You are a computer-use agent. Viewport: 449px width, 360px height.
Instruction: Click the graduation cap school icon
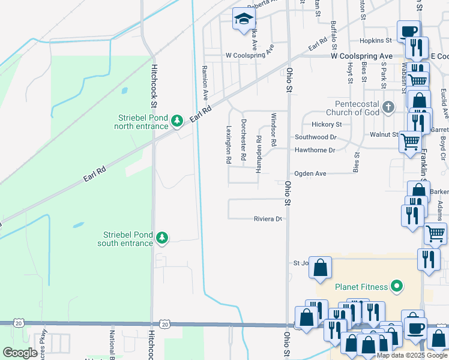tap(244, 20)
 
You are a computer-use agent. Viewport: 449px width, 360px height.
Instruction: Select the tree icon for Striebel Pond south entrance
tap(161, 238)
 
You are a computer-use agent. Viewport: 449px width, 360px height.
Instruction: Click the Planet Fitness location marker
tap(396, 287)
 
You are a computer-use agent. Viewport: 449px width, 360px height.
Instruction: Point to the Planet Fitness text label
tap(361, 287)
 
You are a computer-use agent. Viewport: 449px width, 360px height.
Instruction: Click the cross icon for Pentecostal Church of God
tap(388, 107)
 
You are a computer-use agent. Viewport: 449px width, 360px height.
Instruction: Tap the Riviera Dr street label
tap(267, 219)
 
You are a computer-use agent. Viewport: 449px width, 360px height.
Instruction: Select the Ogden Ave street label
tap(310, 173)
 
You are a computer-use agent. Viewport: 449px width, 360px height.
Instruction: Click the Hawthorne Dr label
tap(315, 150)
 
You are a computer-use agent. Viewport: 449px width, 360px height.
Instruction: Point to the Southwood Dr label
tap(315, 137)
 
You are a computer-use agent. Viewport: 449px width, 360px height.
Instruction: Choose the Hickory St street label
tap(327, 124)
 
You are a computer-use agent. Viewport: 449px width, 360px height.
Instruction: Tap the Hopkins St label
tap(376, 40)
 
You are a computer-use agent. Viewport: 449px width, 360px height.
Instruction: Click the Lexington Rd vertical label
tap(229, 145)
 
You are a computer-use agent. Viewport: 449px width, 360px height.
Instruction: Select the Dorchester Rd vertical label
tap(243, 140)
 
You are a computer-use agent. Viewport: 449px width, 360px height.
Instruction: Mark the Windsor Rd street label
tap(273, 130)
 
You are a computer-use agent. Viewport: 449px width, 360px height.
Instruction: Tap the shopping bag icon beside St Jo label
tap(321, 267)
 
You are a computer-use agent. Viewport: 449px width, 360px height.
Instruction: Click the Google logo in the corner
tap(21, 352)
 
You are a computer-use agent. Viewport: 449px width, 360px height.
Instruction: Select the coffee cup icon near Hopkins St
tap(408, 31)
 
